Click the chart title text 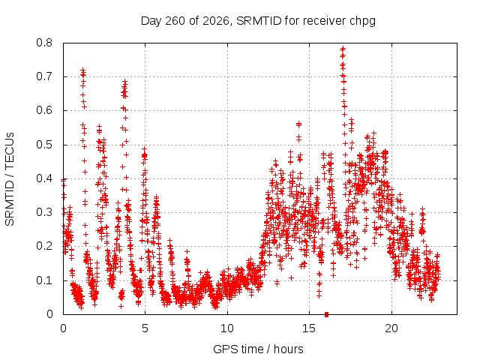258,21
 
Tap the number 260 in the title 175,21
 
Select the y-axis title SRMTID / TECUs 10,179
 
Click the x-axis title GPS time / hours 258,349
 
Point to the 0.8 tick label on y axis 44,43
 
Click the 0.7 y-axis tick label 44,76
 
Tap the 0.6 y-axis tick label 44,110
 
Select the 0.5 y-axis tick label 44,145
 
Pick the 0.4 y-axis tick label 44,178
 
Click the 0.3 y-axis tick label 44,212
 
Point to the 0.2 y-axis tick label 44,246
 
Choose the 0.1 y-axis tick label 44,280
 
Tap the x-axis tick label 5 145,328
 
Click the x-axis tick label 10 227,328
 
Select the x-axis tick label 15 309,328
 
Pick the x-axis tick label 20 391,328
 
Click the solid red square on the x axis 327,314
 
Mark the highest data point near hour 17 343,48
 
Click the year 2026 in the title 216,21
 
